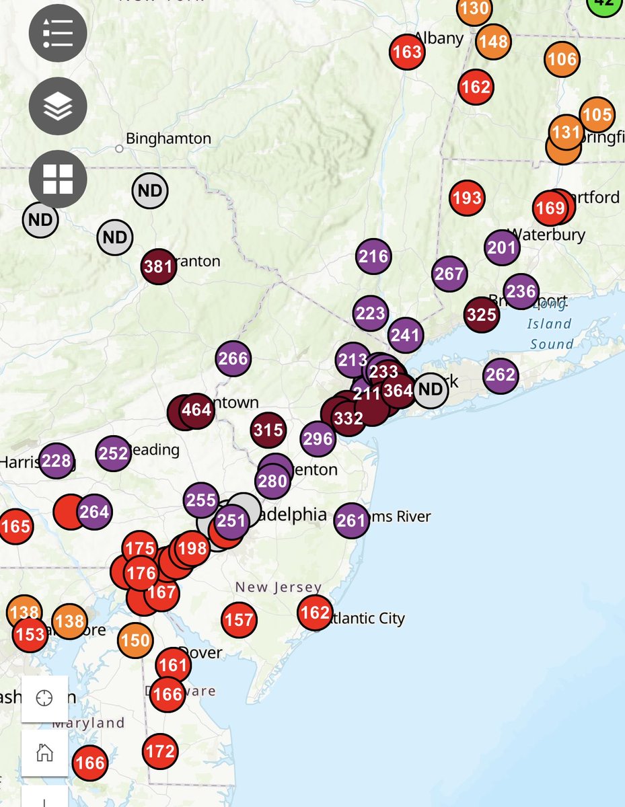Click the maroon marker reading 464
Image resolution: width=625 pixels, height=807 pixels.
(197, 410)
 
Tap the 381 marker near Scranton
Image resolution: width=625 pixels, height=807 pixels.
(159, 266)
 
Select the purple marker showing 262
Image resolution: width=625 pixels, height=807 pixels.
(500, 375)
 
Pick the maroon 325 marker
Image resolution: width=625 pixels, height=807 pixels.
(482, 315)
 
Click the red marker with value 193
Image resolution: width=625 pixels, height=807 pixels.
(467, 198)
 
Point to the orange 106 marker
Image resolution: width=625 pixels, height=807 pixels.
(562, 59)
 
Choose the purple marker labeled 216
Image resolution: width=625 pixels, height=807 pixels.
(373, 256)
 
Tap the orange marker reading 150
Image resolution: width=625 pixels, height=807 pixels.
(135, 640)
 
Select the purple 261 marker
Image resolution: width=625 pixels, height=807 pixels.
(351, 520)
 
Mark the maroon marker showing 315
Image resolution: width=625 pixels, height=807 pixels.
(268, 430)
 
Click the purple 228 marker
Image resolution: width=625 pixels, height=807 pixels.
(56, 461)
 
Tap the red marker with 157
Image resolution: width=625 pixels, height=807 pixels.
(240, 619)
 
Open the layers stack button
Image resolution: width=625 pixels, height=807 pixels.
(58, 106)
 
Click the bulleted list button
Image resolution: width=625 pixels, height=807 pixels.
(58, 32)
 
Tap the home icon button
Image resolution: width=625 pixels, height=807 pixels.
(44, 753)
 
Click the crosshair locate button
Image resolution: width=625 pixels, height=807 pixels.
(44, 698)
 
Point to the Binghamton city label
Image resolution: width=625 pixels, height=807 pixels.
(168, 139)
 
